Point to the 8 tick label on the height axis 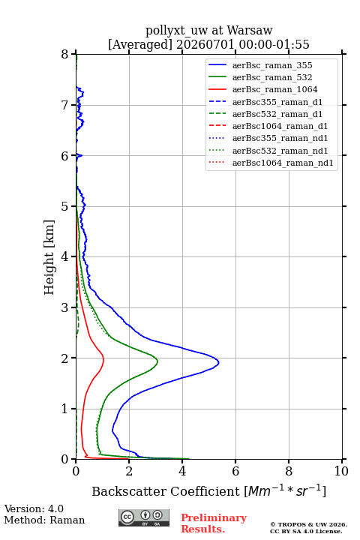(x=65, y=54)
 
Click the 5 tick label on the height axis (x=65, y=206)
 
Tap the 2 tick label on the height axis (x=65, y=358)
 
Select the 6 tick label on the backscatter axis (x=235, y=471)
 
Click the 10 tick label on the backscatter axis (x=342, y=471)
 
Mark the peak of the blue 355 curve (x=219, y=362)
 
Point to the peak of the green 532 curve (x=157, y=361)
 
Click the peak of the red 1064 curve (x=103, y=360)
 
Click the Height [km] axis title (x=49, y=257)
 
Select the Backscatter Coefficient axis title (x=208, y=490)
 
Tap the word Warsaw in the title (x=250, y=30)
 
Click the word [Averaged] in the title (x=139, y=44)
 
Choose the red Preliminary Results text (x=214, y=523)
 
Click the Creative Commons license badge (x=144, y=517)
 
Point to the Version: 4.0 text (x=34, y=508)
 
